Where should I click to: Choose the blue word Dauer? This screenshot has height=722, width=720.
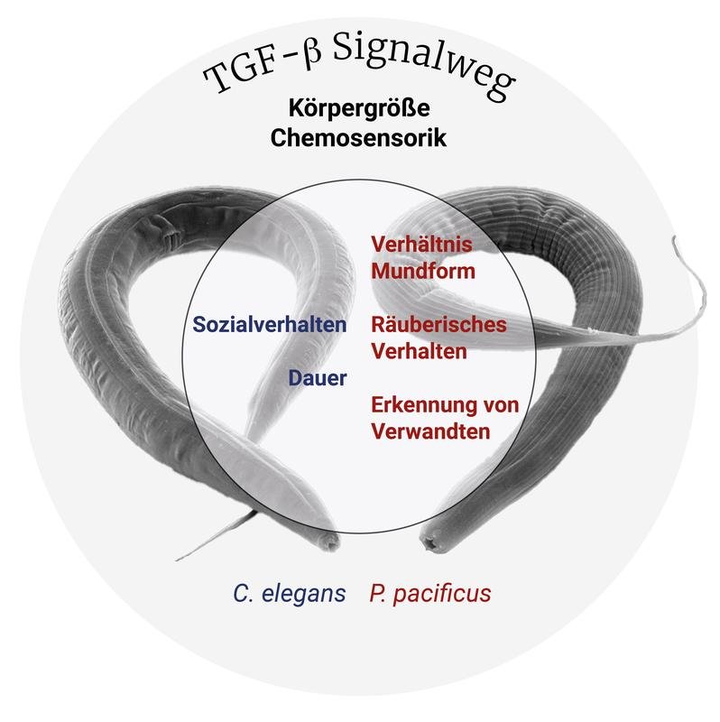click(318, 379)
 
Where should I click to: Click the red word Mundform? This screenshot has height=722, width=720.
click(423, 270)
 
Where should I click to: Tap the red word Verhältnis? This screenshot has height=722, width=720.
click(422, 245)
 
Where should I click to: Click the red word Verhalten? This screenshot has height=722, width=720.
click(419, 350)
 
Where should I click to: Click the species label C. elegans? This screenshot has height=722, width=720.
click(289, 594)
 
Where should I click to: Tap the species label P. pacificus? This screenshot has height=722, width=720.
click(429, 594)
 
